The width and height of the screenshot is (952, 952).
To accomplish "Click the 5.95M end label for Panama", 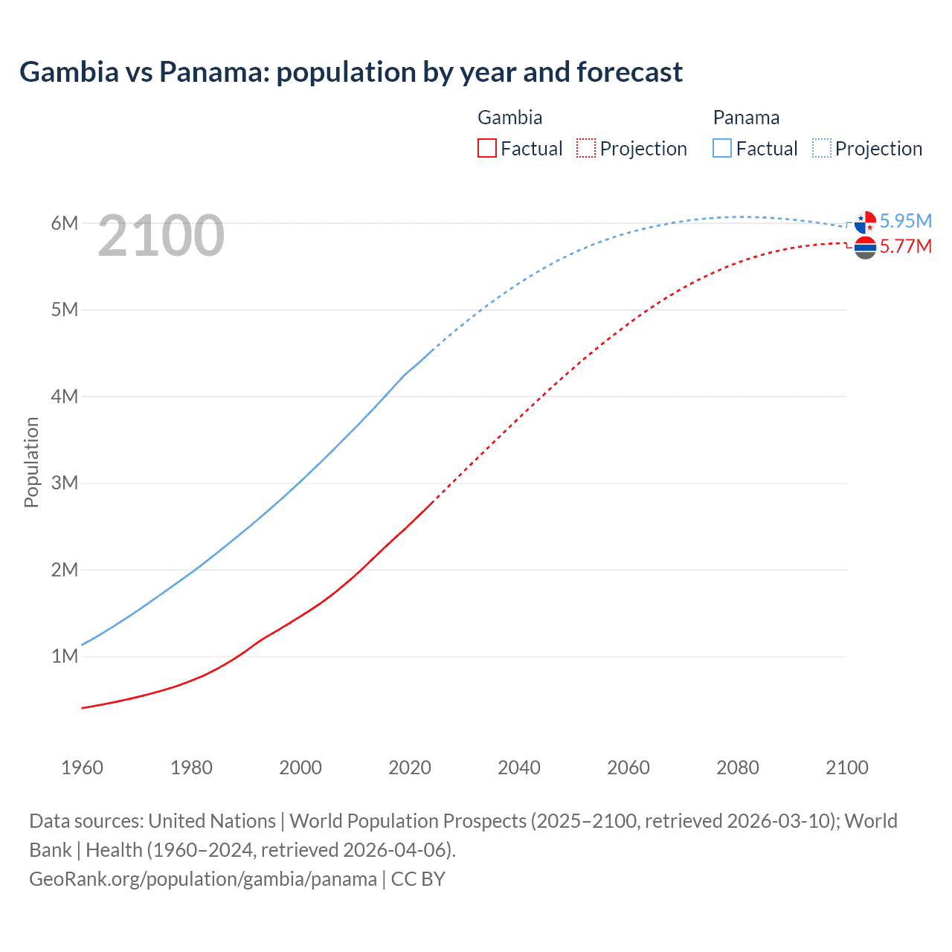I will point(905,221).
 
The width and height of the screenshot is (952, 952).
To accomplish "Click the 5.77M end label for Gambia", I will point(905,246).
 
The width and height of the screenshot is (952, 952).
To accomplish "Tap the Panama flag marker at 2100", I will point(865,222).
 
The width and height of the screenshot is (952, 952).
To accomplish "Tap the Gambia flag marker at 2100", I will point(865,248).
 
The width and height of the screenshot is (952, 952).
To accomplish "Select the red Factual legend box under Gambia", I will point(486,148).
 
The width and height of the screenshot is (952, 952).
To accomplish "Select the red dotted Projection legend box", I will point(586,148).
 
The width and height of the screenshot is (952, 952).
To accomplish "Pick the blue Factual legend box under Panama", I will point(722,148).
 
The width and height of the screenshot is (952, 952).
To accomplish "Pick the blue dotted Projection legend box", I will point(821,148).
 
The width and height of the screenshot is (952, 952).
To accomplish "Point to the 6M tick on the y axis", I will point(65,223).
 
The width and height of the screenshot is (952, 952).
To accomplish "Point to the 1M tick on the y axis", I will point(65,656).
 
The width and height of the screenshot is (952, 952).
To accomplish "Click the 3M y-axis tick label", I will point(65,483).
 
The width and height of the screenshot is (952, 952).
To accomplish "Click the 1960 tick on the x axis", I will point(82,768).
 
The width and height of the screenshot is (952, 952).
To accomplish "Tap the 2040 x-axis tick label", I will point(519,768).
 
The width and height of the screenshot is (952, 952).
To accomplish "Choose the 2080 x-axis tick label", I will point(738,768).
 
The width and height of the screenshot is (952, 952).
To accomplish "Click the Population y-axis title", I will point(31,462).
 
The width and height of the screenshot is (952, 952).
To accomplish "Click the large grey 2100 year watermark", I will point(161,236).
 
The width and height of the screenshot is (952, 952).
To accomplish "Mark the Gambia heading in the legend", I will point(509,118).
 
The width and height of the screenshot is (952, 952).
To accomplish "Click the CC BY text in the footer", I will point(418,879).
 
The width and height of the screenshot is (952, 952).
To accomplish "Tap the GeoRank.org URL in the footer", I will point(203,879).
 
